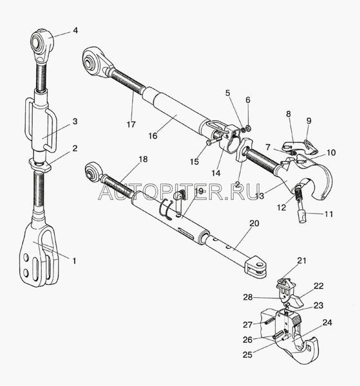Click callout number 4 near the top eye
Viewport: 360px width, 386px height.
[75, 30]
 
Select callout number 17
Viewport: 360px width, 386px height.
[131, 124]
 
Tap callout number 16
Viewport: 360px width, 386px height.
[153, 136]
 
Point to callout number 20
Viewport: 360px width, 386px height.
[254, 223]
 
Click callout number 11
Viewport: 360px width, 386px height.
[328, 214]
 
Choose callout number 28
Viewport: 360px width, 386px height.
[248, 297]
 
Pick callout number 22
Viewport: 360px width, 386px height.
[318, 286]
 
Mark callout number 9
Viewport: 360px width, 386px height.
[308, 121]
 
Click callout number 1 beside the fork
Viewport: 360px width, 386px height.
[74, 261]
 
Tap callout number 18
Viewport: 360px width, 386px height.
[143, 159]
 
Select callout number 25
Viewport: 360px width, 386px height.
[248, 354]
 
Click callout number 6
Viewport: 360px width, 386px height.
[248, 100]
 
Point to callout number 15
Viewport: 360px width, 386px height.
[194, 161]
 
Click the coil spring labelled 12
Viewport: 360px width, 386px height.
[298, 190]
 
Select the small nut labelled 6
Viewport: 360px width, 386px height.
[249, 128]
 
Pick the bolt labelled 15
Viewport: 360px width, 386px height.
[212, 142]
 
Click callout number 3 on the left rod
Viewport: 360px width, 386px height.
[75, 122]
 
